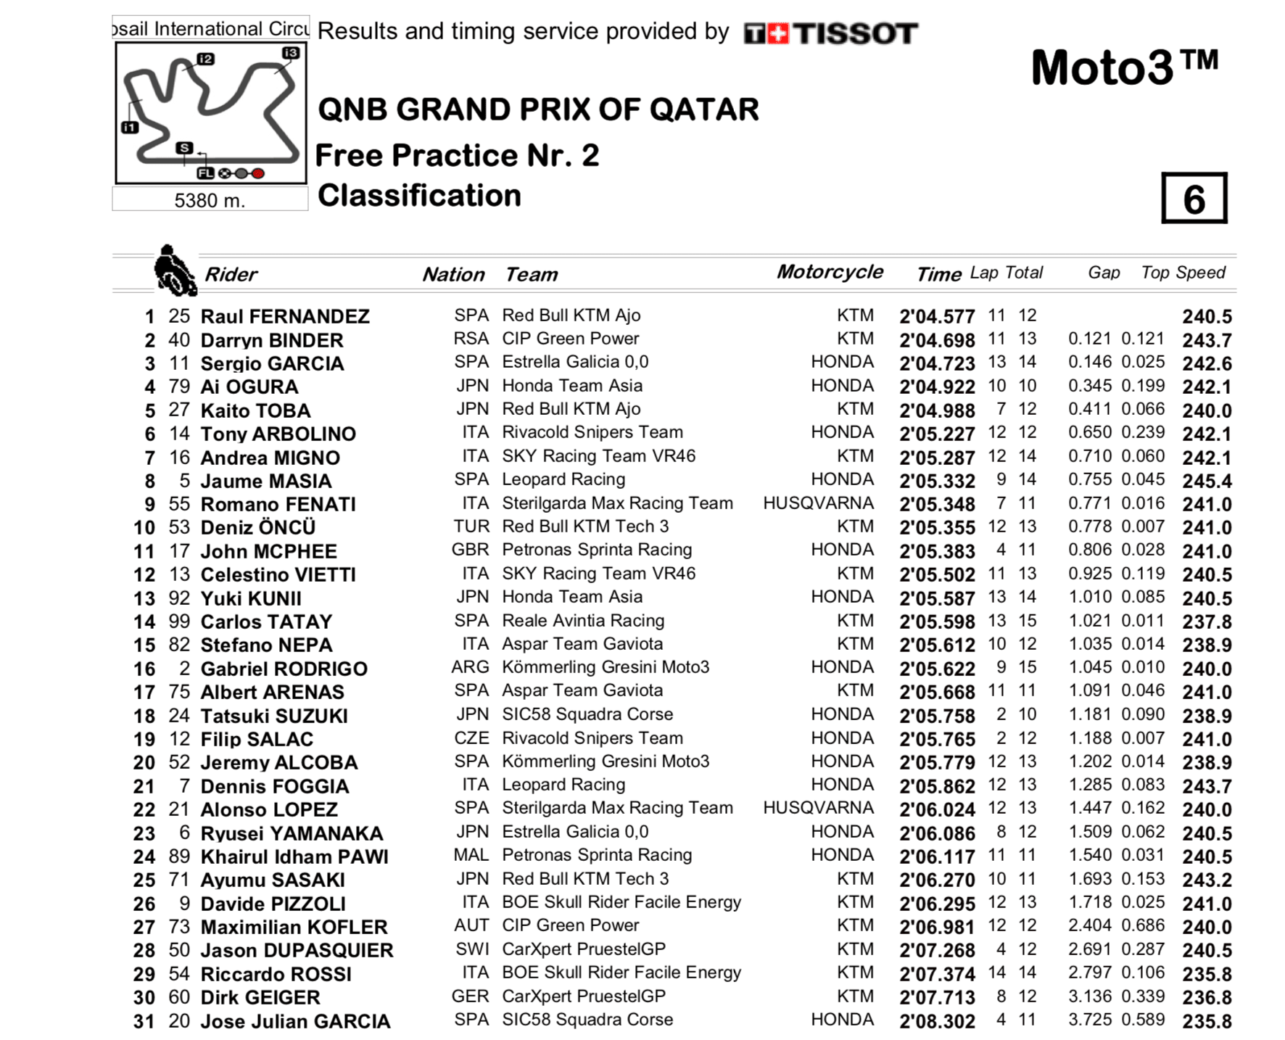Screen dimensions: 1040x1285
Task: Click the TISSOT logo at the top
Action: [x=831, y=33]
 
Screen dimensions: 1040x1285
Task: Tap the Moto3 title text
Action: [x=1124, y=68]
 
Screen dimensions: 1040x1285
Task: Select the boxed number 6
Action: [x=1194, y=198]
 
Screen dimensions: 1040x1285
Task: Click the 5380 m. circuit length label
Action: [x=210, y=200]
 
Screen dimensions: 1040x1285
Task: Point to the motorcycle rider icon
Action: [x=174, y=270]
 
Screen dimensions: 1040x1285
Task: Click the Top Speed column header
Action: [x=1183, y=273]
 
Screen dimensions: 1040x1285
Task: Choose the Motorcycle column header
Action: [x=830, y=272]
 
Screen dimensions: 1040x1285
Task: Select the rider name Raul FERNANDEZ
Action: [x=285, y=316]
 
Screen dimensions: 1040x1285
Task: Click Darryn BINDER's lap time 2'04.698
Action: [x=937, y=340]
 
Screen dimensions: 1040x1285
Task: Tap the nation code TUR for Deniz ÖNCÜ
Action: [x=471, y=527]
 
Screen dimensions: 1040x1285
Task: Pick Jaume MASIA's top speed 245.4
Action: [x=1207, y=481]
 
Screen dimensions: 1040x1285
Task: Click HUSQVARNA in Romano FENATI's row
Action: [x=818, y=503]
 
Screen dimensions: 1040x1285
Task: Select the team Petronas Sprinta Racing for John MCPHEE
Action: [x=597, y=550]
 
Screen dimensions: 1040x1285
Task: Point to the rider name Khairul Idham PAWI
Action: [x=294, y=857]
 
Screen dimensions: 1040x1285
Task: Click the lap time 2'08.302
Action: [x=937, y=1021]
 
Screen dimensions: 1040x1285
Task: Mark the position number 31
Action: [x=144, y=1021]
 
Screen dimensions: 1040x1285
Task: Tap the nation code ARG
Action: [x=470, y=667]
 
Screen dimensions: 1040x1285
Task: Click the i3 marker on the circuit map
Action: [x=290, y=53]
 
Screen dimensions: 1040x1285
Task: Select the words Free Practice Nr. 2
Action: [x=457, y=155]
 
